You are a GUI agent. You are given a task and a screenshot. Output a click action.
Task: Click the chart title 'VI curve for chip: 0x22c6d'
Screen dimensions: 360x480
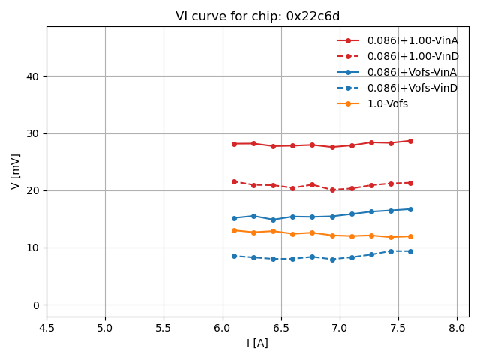click(x=257, y=16)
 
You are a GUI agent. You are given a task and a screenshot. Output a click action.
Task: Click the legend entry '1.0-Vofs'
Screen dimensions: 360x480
click(x=387, y=103)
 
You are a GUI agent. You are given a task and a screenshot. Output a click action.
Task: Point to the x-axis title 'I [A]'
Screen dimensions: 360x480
click(x=257, y=343)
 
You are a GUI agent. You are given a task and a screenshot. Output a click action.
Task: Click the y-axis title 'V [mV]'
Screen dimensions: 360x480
click(x=16, y=171)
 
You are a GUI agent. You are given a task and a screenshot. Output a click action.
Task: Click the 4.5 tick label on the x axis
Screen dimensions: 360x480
click(x=46, y=327)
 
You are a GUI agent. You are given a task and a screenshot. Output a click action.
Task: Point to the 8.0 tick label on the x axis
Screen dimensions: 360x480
click(x=457, y=327)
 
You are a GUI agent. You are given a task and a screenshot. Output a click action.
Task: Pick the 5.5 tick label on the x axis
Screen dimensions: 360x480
click(x=163, y=327)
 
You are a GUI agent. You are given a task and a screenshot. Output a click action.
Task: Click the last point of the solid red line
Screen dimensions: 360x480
click(x=410, y=141)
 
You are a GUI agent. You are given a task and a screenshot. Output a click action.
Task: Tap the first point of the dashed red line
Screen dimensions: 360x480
click(x=234, y=181)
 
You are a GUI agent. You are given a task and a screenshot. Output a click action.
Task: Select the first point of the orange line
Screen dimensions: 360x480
click(x=234, y=230)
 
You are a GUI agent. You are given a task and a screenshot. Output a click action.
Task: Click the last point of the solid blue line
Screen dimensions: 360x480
click(x=410, y=209)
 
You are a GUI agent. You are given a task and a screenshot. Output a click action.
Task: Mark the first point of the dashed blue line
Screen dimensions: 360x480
click(x=234, y=256)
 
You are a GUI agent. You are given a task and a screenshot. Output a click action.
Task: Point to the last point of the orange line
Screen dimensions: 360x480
click(x=410, y=236)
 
